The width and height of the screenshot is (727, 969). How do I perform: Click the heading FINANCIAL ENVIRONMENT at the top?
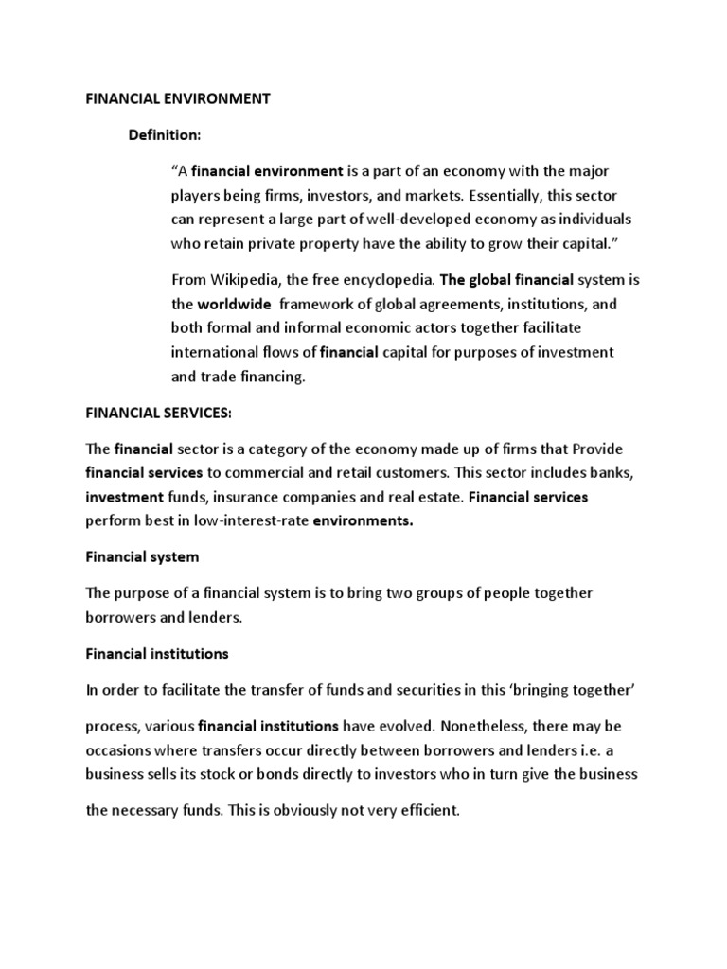[x=178, y=99]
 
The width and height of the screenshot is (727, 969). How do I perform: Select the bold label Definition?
[x=166, y=135]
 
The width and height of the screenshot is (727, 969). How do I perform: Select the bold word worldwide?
[x=234, y=304]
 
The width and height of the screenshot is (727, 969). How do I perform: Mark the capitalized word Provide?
[x=594, y=449]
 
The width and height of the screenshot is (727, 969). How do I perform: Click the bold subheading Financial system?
[x=142, y=557]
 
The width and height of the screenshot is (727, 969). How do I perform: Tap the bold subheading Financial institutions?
[x=157, y=654]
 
